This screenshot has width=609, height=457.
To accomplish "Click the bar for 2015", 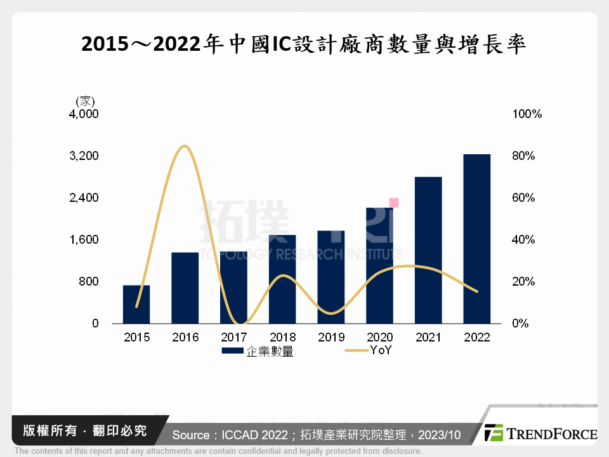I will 136,304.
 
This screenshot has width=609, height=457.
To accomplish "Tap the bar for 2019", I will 331,277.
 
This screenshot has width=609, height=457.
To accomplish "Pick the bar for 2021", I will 428,250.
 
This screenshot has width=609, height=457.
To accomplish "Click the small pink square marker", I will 394,202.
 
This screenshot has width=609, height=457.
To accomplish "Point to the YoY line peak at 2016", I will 184,147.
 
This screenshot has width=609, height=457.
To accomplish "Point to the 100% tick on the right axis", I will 527,114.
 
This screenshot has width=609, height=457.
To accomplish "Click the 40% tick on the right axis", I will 524,240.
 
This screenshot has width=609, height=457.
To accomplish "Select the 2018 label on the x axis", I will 282,337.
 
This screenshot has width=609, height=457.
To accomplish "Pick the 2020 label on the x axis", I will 379,337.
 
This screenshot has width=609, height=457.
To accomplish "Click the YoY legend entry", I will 368,350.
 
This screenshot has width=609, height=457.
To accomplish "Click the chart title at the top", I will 304,44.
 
